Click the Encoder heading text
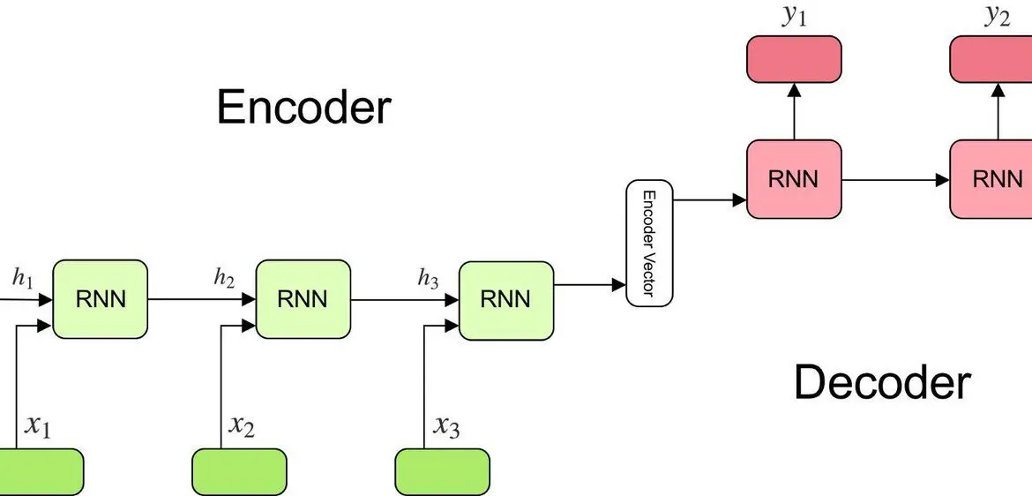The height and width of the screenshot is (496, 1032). (x=303, y=108)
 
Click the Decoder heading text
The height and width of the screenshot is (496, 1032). (x=883, y=382)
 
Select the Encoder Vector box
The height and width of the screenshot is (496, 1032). (x=649, y=244)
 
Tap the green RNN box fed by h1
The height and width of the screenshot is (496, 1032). (x=100, y=299)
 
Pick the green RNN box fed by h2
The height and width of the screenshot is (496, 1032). (x=303, y=299)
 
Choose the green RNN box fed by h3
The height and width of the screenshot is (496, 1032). (x=506, y=300)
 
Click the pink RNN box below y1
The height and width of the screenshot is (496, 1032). (x=794, y=179)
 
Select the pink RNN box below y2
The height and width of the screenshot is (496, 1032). (x=991, y=179)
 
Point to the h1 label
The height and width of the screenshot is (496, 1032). (x=22, y=279)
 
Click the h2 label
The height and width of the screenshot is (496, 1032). (x=224, y=279)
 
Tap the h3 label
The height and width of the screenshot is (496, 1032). (x=428, y=279)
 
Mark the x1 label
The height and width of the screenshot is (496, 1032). (x=38, y=426)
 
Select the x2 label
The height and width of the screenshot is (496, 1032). (x=242, y=426)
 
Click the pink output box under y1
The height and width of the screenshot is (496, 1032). (x=794, y=59)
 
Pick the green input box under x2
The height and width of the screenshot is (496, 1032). (x=240, y=472)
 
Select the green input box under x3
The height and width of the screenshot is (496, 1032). (x=442, y=472)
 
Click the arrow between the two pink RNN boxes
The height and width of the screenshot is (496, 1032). (x=895, y=179)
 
